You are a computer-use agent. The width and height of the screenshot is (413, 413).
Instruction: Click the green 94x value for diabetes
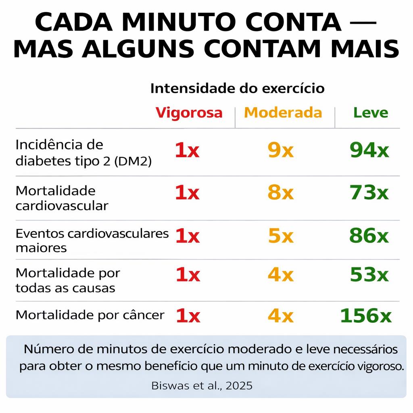pos(369,150)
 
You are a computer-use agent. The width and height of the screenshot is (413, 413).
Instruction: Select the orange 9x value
pos(281,150)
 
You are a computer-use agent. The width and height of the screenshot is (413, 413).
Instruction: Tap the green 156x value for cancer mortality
pos(366,315)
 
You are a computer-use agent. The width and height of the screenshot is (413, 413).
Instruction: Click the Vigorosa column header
pos(189,113)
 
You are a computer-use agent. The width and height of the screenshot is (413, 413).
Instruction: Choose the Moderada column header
pos(283,113)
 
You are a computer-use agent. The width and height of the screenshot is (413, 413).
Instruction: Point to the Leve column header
pos(371,113)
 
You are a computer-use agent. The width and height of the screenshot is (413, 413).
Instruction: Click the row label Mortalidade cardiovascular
pos(62,198)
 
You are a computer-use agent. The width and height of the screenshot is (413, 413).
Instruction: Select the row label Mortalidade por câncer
pos(90,315)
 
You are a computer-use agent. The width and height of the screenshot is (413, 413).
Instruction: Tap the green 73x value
pos(369,193)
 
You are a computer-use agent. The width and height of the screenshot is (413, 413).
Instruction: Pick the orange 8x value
pos(281,193)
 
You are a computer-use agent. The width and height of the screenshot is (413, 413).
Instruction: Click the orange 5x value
pos(281,236)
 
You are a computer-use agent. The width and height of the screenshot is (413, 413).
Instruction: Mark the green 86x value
pos(369,236)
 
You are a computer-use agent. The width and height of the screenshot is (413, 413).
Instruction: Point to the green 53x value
pos(369,275)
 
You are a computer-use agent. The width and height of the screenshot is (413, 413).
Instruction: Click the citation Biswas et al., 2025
pos(202,386)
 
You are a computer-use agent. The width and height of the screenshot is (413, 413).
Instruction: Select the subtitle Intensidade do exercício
pos(237,88)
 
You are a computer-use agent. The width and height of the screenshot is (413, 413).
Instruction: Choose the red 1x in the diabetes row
pos(187,150)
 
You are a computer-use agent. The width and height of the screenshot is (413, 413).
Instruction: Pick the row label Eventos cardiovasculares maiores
pos(92,240)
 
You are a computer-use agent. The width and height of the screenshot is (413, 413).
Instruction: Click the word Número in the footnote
pos(47,349)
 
